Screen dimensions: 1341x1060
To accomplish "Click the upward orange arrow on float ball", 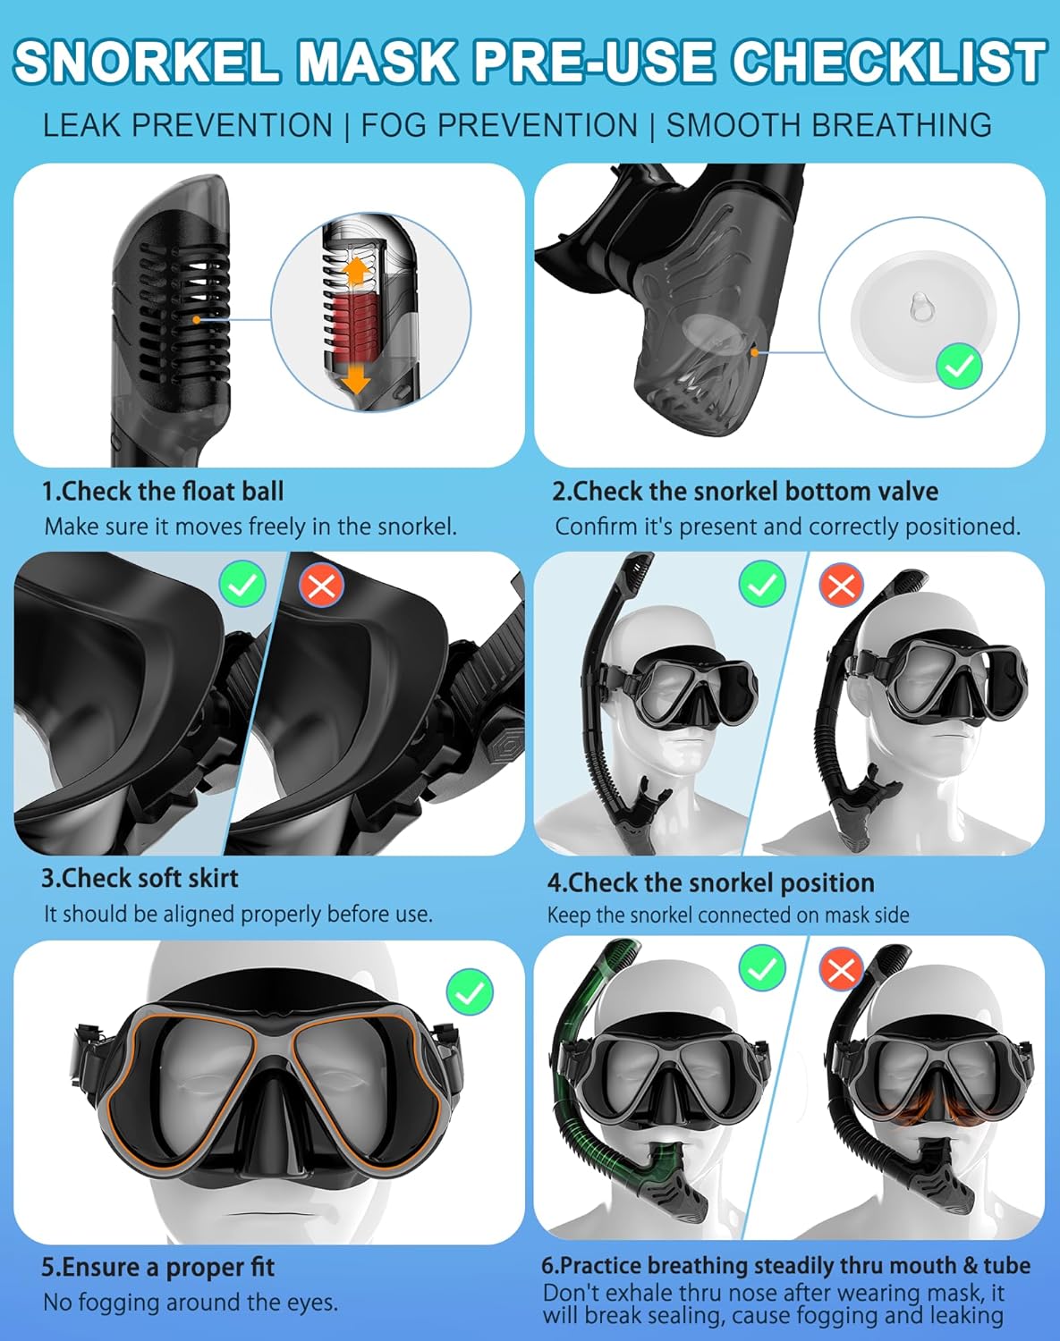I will pos(356,271).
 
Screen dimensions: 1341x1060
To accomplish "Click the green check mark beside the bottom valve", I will pos(959,366).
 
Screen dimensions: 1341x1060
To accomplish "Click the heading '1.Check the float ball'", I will pos(163,491).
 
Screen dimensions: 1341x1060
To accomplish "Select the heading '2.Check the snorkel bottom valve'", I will pos(745,491).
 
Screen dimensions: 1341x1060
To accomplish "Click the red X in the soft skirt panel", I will pos(321,586).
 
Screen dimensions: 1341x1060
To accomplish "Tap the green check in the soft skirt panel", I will pos(242,586).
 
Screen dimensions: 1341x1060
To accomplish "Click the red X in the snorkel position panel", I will pos(841,586).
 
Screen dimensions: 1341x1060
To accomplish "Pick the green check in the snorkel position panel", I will pos(761,586).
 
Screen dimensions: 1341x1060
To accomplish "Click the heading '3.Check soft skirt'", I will pos(140,878).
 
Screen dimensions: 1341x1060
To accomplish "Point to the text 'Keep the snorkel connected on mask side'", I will pos(728,915).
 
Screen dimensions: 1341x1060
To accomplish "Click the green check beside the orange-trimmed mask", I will pos(470,991).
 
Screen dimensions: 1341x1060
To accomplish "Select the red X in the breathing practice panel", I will pos(841,969).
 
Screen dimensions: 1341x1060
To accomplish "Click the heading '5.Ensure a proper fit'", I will pos(158,1267).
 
